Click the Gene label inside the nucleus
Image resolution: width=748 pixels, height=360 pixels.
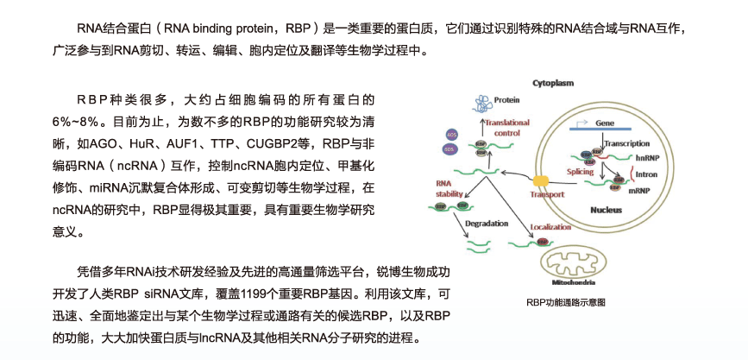[605, 123]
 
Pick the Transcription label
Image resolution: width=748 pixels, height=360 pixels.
[626, 142]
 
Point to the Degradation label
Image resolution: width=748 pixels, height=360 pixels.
[486, 223]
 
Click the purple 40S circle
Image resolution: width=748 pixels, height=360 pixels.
[450, 134]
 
